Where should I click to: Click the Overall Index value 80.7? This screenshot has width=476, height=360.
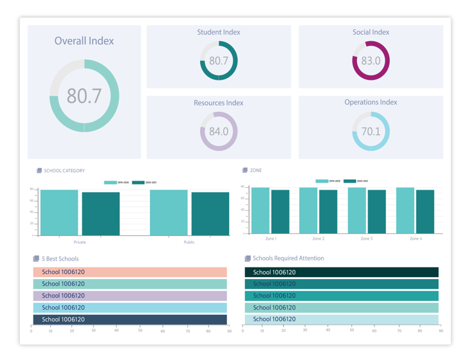(x=84, y=96)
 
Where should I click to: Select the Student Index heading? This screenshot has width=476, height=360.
(x=219, y=32)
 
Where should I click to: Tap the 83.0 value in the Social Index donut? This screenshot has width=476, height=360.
(x=371, y=61)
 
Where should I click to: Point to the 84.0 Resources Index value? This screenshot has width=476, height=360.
(x=219, y=132)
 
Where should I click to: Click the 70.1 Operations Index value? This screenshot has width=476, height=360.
(x=371, y=132)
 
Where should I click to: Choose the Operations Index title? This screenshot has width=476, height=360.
(x=371, y=102)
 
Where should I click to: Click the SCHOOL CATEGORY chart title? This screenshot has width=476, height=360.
(x=64, y=171)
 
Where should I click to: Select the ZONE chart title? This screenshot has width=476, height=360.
(x=255, y=170)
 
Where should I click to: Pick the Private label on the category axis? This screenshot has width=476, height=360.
(x=80, y=242)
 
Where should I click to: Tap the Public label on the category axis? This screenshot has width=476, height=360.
(x=189, y=242)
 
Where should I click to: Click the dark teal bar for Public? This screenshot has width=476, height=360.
(x=210, y=213)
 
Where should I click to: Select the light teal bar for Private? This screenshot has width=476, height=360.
(x=59, y=212)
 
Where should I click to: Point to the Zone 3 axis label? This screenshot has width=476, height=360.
(x=366, y=239)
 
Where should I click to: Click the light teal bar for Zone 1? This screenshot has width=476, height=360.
(x=260, y=210)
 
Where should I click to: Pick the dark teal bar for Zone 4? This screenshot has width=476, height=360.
(x=425, y=212)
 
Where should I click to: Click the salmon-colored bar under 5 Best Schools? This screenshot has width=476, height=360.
(x=129, y=273)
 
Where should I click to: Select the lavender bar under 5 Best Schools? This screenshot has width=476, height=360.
(x=129, y=296)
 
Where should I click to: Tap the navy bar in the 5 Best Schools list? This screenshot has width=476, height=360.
(x=129, y=319)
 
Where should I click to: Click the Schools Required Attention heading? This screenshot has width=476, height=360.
(x=288, y=258)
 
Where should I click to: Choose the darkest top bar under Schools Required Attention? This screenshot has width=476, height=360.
(x=342, y=273)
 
